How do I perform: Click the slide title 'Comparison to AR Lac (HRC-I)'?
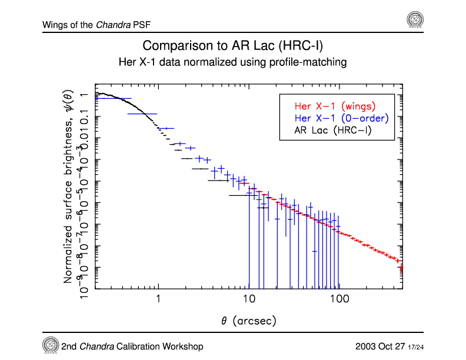(x=232, y=46)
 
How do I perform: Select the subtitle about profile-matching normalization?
(x=232, y=61)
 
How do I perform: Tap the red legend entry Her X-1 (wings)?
(x=334, y=106)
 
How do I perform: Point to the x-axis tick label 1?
(x=158, y=299)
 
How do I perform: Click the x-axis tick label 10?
(x=249, y=299)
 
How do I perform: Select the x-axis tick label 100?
(x=339, y=299)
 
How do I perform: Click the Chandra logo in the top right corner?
(x=415, y=20)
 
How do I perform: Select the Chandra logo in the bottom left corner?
(x=51, y=345)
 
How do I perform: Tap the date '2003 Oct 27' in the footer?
(x=380, y=346)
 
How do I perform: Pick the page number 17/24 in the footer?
(x=417, y=346)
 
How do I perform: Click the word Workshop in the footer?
(x=181, y=346)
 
